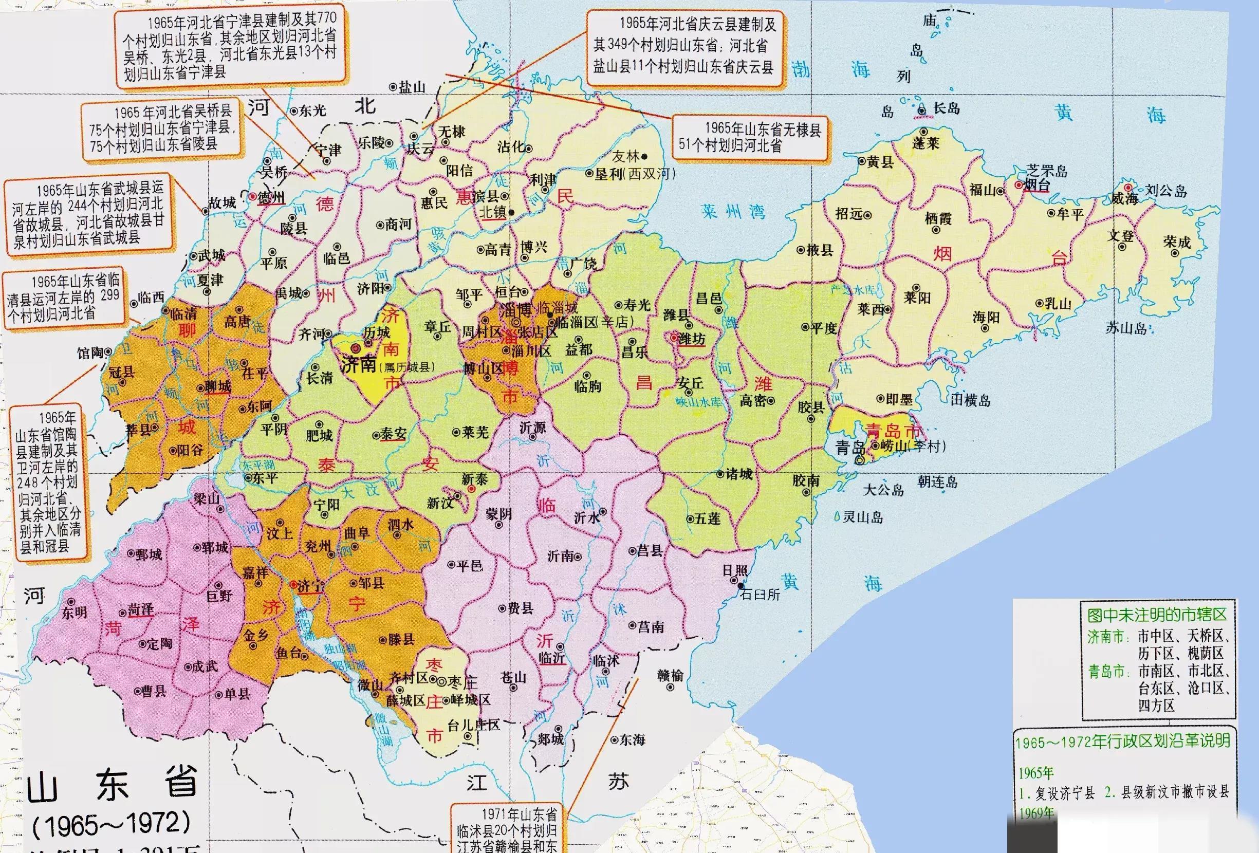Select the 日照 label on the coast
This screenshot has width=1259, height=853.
tap(735, 571)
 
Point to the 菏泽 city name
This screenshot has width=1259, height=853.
tap(140, 610)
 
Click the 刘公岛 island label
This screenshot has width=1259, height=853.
tap(1165, 190)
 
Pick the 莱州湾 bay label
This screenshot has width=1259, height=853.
tap(733, 211)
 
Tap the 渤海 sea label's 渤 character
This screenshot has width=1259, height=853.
tap(800, 69)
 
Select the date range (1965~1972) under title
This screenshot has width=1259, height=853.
tap(112, 825)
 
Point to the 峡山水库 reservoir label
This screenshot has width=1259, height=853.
tap(699, 402)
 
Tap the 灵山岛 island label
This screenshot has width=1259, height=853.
tap(862, 517)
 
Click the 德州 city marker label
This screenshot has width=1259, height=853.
tap(271, 198)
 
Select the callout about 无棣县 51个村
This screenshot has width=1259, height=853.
tap(750, 137)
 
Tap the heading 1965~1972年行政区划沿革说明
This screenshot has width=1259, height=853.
tap(1122, 741)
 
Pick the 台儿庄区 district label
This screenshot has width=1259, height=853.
tap(473, 725)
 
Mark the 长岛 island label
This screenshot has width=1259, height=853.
tap(947, 108)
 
